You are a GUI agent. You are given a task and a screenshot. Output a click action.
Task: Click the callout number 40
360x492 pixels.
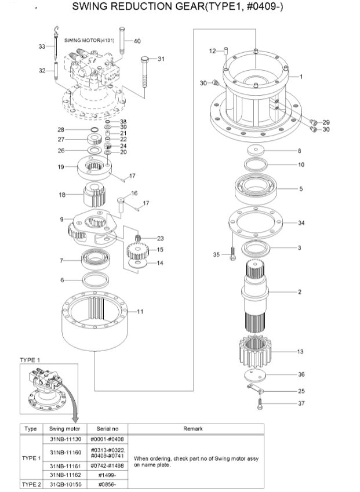click(x=137, y=41)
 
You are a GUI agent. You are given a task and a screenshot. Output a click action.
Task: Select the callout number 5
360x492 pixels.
click(x=300, y=188)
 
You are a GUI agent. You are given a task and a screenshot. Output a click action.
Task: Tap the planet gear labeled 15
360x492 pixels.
click(x=137, y=250)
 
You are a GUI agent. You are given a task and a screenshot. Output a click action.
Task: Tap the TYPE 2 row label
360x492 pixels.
click(x=30, y=483)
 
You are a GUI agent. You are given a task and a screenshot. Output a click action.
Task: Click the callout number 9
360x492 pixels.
click(x=61, y=220)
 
